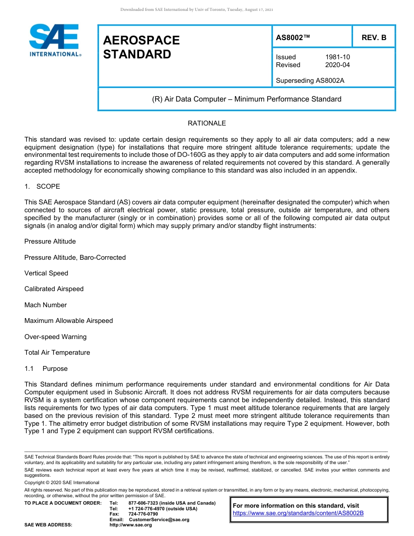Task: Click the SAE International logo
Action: [54, 40]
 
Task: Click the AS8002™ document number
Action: [293, 37]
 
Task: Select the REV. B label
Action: [373, 37]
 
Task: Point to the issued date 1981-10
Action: [337, 57]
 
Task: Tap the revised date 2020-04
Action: [337, 65]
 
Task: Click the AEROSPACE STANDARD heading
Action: [141, 47]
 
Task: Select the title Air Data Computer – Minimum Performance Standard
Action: [247, 99]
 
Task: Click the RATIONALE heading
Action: [207, 123]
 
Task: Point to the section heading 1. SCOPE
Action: [42, 187]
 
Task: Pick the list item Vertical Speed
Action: [46, 273]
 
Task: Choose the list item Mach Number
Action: [45, 305]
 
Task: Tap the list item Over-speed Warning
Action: [55, 337]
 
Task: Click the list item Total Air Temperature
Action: [57, 353]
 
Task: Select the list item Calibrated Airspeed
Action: [54, 289]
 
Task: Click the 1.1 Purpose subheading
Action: [46, 369]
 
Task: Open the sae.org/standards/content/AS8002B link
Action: [298, 513]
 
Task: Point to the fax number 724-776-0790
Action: [143, 514]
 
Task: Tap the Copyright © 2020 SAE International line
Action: [62, 482]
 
